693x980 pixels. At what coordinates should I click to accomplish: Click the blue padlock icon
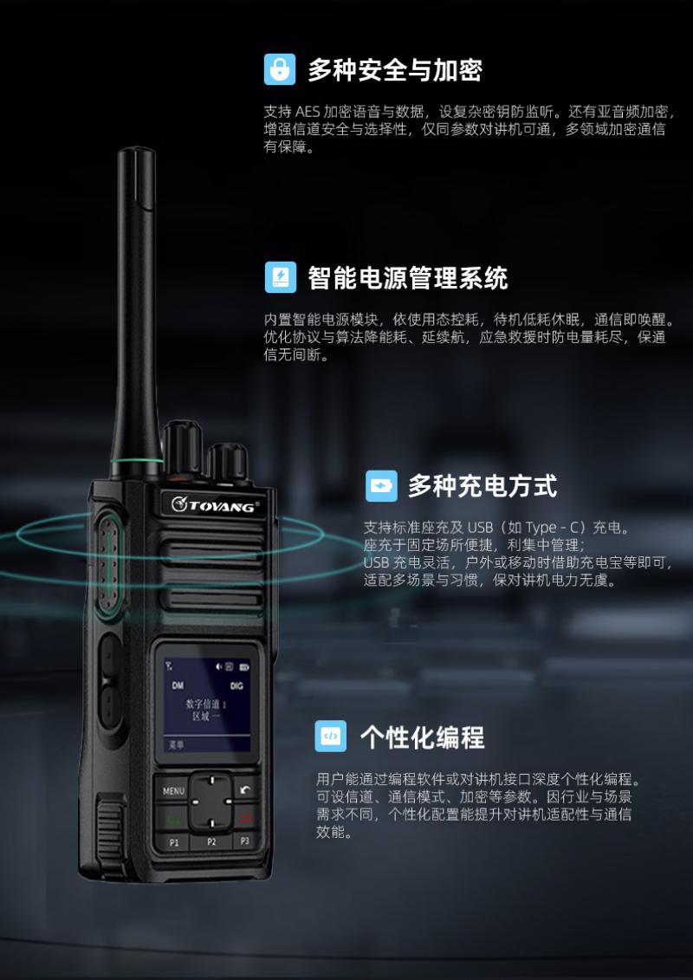279,68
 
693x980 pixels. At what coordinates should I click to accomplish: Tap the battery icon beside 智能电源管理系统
281,277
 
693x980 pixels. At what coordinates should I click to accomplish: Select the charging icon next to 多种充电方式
381,485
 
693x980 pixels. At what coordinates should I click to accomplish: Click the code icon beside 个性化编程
331,736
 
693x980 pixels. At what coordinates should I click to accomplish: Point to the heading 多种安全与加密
395,70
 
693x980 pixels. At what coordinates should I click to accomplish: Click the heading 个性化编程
423,737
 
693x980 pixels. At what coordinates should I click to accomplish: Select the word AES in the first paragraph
308,112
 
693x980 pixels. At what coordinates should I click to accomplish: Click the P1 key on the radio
174,842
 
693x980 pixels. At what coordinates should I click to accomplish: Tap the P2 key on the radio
211,842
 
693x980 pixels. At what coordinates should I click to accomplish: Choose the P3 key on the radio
245,840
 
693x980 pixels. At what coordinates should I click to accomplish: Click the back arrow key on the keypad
245,789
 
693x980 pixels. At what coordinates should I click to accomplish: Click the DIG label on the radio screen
236,685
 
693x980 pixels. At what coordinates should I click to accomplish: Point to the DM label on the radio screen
178,685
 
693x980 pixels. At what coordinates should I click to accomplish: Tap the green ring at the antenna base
136,463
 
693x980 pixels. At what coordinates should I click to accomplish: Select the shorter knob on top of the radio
228,463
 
